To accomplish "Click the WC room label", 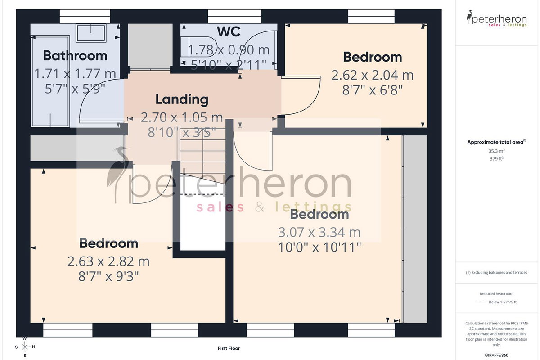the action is pos(229,31).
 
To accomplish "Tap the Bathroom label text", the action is pos(75,56).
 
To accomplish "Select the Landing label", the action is pos(182,99).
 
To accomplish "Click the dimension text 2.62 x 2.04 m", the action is pos(373,75).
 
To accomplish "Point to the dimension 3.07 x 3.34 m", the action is pos(319,233).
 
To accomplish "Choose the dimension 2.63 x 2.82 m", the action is pos(108,261).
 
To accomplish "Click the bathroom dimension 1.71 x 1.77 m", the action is pos(75,74).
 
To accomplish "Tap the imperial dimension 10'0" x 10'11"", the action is pos(319,247).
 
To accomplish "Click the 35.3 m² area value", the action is pos(496,151).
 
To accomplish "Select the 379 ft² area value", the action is pos(496,159).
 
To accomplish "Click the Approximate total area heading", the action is pos(497,142).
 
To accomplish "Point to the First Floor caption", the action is pos(229,348).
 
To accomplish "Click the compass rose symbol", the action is pos(25,347).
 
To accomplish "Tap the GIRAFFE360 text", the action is pos(496,355).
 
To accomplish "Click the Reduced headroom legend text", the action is pos(496,294).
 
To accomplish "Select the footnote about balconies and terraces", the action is pos(496,272).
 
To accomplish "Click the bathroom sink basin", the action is pos(91,33).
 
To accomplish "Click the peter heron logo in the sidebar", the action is pos(497,18).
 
